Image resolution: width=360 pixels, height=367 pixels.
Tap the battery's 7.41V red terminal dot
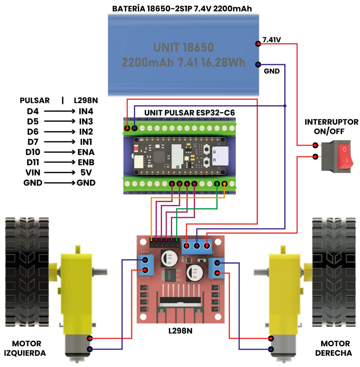[x=257, y=44]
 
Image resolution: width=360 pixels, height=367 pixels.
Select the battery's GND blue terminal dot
[x=257, y=65]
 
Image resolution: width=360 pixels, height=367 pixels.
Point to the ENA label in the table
[x=86, y=152]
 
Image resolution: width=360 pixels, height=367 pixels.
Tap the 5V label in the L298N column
[x=86, y=172]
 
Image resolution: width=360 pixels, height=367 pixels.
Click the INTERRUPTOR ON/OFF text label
[x=331, y=127]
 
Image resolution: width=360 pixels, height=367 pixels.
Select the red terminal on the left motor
[x=89, y=338]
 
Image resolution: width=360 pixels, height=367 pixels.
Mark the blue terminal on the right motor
[x=271, y=349]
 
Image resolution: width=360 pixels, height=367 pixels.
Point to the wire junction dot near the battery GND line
[x=285, y=106]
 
